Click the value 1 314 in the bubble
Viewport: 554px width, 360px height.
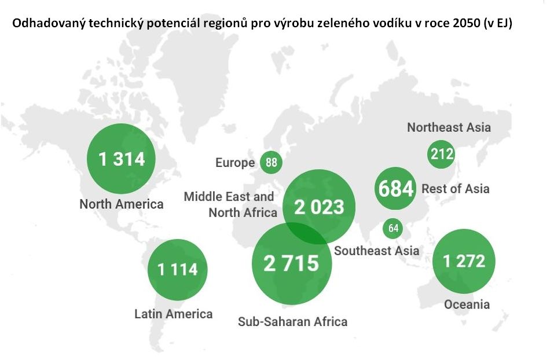coord(122,159)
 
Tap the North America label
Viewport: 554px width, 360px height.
coord(122,204)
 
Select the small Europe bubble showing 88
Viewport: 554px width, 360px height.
coord(271,163)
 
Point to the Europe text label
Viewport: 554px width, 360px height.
coord(235,163)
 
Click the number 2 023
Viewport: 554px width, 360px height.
coord(318,207)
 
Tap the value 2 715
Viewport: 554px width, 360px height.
coord(291,263)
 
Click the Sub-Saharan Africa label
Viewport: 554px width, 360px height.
coord(292,321)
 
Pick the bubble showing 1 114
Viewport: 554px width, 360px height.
coord(177,269)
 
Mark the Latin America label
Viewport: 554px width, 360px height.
coord(174,314)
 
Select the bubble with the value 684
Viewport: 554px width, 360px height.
coord(395,189)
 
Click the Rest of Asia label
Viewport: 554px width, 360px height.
coord(456,189)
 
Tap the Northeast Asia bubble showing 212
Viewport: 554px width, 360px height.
coord(441,155)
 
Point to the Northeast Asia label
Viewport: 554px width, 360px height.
coord(449,127)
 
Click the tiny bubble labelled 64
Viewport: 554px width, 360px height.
coord(394,228)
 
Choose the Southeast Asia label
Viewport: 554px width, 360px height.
coord(377,251)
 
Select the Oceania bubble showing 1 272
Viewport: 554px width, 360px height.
coord(464,262)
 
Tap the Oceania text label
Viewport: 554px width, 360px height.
coord(467,304)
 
